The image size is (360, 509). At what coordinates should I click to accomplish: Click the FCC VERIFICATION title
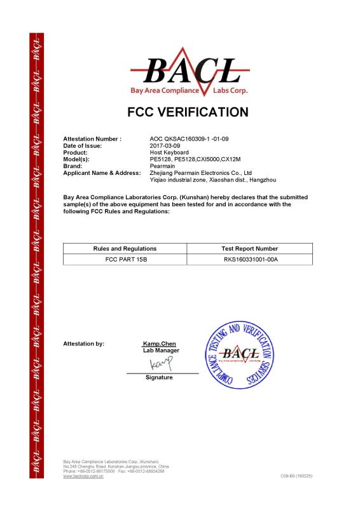(188, 113)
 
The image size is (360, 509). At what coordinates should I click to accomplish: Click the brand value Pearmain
(162, 166)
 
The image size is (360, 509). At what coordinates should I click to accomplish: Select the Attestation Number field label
(92, 138)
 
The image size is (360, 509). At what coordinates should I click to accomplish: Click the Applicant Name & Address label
(101, 172)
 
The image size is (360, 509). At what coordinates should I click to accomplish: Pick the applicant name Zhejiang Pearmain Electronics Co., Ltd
(200, 172)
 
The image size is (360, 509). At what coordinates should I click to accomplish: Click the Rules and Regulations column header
(125, 248)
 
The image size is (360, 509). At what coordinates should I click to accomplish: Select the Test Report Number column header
(250, 248)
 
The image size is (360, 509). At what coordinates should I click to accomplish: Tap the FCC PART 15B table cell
(125, 260)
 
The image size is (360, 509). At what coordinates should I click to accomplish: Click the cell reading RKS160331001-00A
(250, 260)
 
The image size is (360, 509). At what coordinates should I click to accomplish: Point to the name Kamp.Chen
(160, 344)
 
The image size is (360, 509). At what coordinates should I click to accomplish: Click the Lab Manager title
(161, 351)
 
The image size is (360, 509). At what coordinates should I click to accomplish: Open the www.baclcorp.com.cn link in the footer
(83, 476)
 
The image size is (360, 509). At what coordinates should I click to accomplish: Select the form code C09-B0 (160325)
(296, 476)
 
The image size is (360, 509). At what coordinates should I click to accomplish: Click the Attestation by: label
(83, 344)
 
